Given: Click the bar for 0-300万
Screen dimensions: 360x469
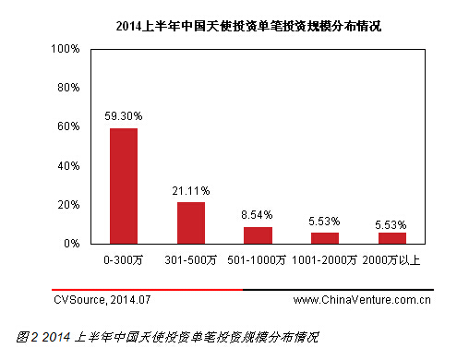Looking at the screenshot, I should [124, 186].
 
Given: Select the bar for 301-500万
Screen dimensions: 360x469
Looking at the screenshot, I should [191, 222].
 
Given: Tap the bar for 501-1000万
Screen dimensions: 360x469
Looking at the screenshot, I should [258, 235].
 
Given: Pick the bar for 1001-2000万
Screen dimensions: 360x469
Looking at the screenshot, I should [324, 238].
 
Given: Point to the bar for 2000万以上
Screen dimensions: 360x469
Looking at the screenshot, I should [391, 238].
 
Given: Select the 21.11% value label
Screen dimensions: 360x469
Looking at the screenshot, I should [190, 191].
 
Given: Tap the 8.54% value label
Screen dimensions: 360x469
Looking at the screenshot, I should [258, 215].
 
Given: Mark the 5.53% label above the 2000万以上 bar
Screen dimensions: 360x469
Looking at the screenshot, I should [391, 224].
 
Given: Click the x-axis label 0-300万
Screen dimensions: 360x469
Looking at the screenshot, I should [124, 261].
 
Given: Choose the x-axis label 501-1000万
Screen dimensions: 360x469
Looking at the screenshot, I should [258, 261].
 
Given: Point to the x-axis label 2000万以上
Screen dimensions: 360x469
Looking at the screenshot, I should [391, 261].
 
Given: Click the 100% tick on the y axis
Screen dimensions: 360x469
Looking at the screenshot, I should [67, 48].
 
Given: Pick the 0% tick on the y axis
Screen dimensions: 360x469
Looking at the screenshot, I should [73, 244].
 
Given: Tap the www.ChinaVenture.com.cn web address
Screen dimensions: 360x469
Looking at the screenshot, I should [362, 300].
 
